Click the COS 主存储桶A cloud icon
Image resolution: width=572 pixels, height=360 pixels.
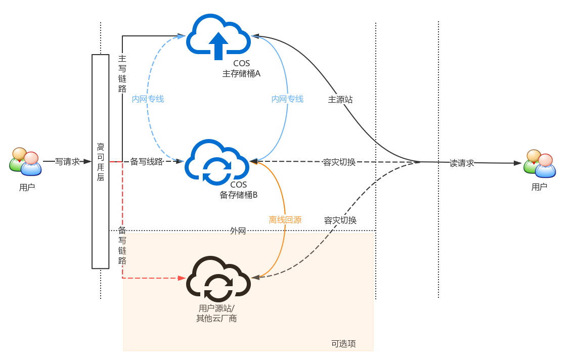218,36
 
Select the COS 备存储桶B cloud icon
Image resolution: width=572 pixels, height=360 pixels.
217,162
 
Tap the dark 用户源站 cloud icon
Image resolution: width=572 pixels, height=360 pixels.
218,280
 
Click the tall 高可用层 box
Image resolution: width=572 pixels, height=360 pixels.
100,161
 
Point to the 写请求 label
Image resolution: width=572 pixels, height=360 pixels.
68,162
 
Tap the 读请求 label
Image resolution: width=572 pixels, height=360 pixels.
462,163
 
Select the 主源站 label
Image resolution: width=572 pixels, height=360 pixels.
340,100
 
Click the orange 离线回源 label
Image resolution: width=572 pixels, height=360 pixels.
285,220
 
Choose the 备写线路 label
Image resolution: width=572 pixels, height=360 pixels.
147,162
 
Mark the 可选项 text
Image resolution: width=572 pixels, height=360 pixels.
343,344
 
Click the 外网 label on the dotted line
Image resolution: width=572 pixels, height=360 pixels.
238,231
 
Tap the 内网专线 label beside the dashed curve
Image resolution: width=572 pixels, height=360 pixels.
148,99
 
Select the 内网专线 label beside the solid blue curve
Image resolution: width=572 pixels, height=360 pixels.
287,99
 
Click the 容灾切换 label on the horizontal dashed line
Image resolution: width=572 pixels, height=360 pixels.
339,162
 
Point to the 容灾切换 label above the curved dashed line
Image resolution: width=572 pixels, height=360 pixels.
340,220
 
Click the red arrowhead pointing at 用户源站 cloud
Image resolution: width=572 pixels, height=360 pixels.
182,278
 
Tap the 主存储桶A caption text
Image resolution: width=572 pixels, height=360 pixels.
241,73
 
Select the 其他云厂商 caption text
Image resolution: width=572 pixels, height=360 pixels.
216,319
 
